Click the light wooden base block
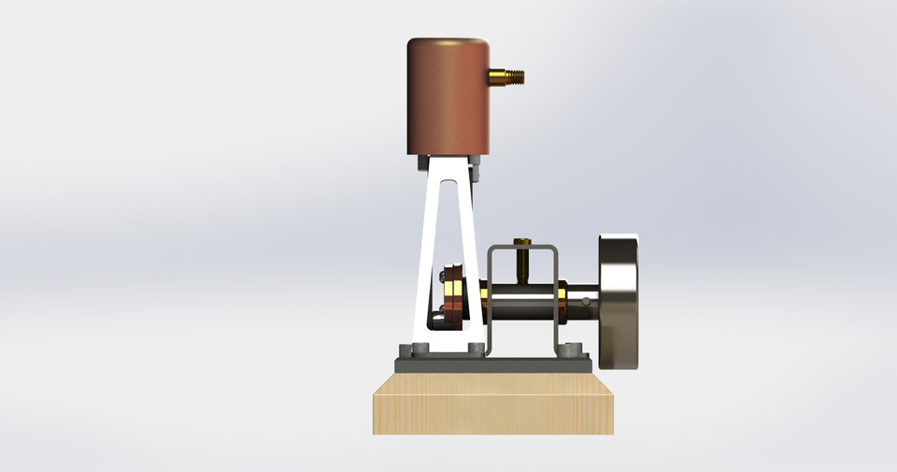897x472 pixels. (x=493, y=404)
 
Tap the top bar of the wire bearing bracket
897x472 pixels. (x=522, y=248)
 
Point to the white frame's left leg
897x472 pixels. (x=425, y=262)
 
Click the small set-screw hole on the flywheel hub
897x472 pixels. (x=585, y=301)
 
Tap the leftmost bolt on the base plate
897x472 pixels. (x=404, y=350)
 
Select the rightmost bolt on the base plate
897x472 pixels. (x=585, y=350)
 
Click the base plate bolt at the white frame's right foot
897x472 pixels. (x=479, y=350)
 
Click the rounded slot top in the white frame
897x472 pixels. (x=450, y=186)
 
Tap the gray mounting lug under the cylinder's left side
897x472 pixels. (x=423, y=163)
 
